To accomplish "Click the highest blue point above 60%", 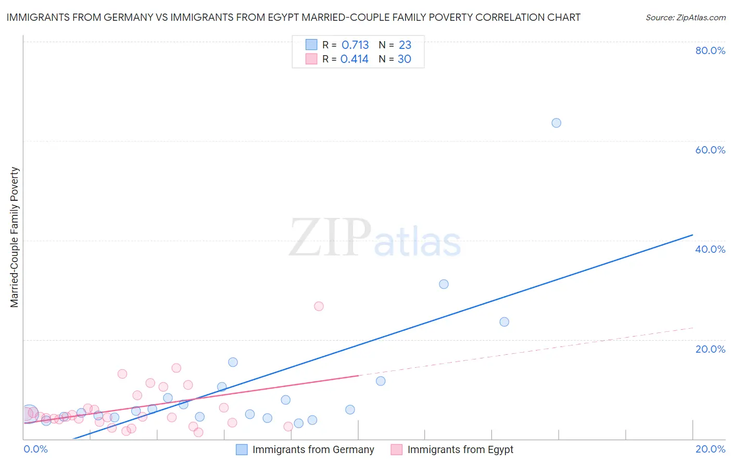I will (x=556, y=123).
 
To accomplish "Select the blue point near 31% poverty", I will (x=444, y=284).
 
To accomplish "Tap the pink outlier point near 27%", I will (x=319, y=306).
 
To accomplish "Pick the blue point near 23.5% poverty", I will (x=504, y=322).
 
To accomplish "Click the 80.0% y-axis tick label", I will (x=710, y=50).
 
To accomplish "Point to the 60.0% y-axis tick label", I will (x=710, y=150).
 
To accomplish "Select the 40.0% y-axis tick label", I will (x=710, y=249).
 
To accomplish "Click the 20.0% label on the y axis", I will (x=710, y=349).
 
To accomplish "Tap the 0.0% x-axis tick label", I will (x=35, y=449).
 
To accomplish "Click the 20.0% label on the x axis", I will (x=710, y=449).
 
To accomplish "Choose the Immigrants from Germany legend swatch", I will (x=242, y=449).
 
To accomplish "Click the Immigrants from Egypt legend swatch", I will (x=397, y=449).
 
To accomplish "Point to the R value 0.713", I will (x=355, y=45).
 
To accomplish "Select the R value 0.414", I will (x=355, y=59).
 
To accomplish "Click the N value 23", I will (x=405, y=45).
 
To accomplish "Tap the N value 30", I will (x=405, y=59).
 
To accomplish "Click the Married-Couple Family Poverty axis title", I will (x=15, y=237).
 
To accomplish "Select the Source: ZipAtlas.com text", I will (x=685, y=18).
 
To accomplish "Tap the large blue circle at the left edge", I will (x=29, y=414).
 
